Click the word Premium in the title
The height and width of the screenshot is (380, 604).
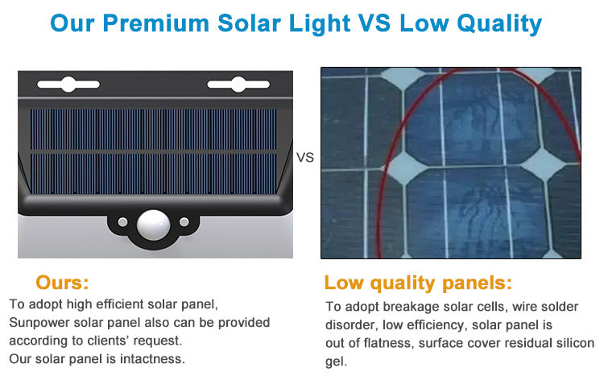tap(156, 23)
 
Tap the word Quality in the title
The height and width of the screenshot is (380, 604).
tap(499, 24)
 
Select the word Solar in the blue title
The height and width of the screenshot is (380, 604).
tap(249, 23)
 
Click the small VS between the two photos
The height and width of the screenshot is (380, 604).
tap(305, 158)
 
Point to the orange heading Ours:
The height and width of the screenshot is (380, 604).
tap(62, 283)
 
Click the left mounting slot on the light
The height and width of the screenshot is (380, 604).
tap(68, 85)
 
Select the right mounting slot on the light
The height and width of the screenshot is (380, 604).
tap(238, 85)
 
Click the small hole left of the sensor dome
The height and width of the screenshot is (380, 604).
tap(123, 222)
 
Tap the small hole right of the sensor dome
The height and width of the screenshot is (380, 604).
tap(184, 222)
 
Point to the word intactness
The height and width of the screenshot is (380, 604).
tap(152, 359)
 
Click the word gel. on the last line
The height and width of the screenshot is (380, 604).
tap(337, 362)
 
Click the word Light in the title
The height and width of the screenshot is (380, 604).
tap(320, 24)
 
